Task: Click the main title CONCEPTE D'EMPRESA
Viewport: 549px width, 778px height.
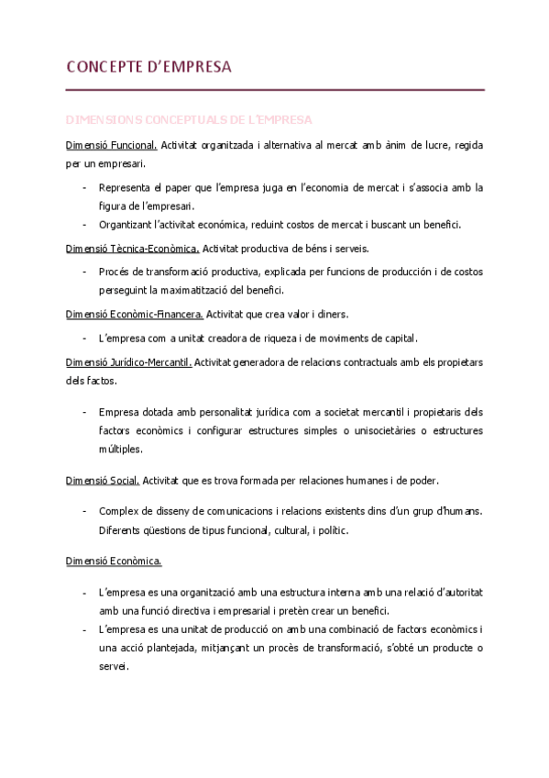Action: point(148,67)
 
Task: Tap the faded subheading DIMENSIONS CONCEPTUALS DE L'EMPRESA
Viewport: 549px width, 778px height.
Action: point(189,120)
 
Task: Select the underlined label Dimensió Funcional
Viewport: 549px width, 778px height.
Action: point(112,146)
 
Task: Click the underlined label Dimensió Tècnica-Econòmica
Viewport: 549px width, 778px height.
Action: point(132,248)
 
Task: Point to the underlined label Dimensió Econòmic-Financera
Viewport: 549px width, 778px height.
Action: point(134,314)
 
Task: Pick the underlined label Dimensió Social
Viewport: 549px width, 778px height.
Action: point(102,480)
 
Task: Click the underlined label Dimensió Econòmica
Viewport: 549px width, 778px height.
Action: point(114,560)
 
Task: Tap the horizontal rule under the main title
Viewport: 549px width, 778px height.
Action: point(275,90)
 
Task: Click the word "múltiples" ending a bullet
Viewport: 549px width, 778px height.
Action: point(119,449)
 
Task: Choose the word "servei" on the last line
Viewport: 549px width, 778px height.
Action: point(113,666)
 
